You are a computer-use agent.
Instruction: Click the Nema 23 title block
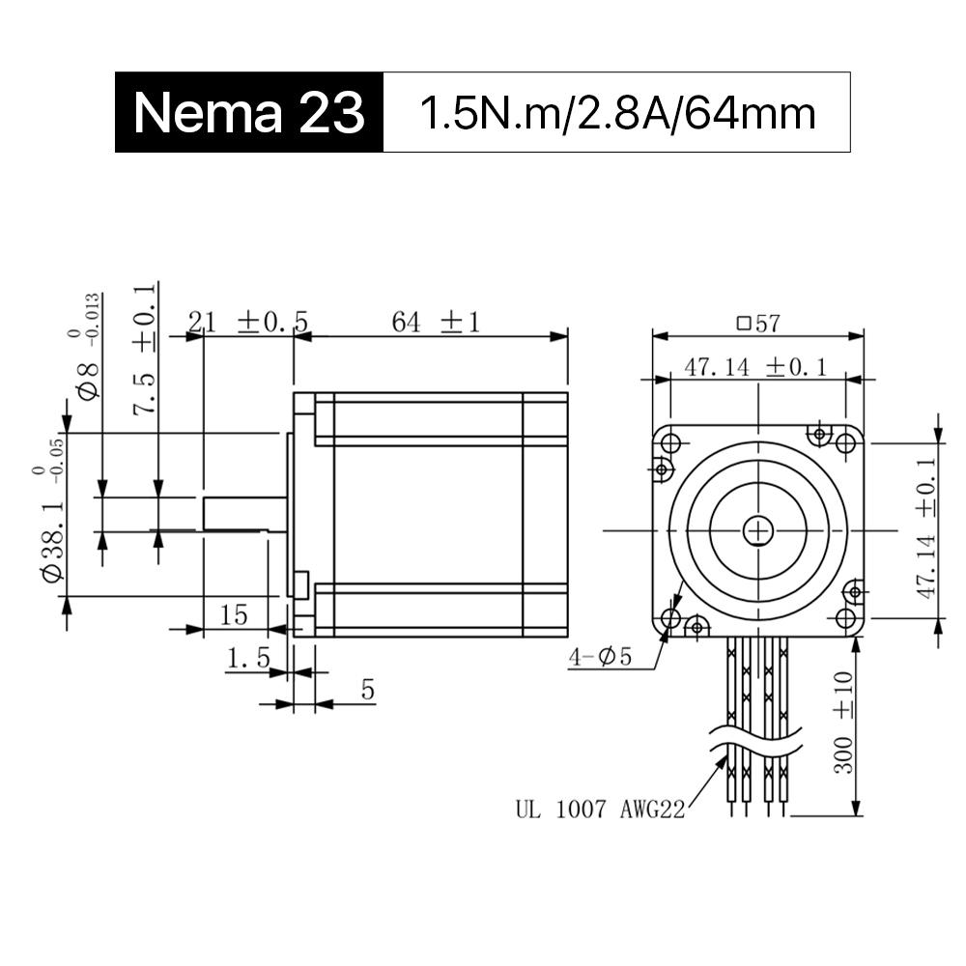pos(249,112)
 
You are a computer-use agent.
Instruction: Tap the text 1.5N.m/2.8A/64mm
pos(617,113)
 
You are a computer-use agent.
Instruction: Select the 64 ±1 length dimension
pos(436,323)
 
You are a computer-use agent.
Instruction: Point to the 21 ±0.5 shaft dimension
pos(247,323)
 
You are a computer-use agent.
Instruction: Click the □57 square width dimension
pos(758,324)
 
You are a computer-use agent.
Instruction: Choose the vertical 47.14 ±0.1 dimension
pos(925,527)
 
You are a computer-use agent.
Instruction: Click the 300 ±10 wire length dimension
pos(843,722)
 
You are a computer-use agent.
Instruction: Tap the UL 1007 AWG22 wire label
pos(600,809)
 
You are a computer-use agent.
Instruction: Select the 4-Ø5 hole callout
pos(600,657)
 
